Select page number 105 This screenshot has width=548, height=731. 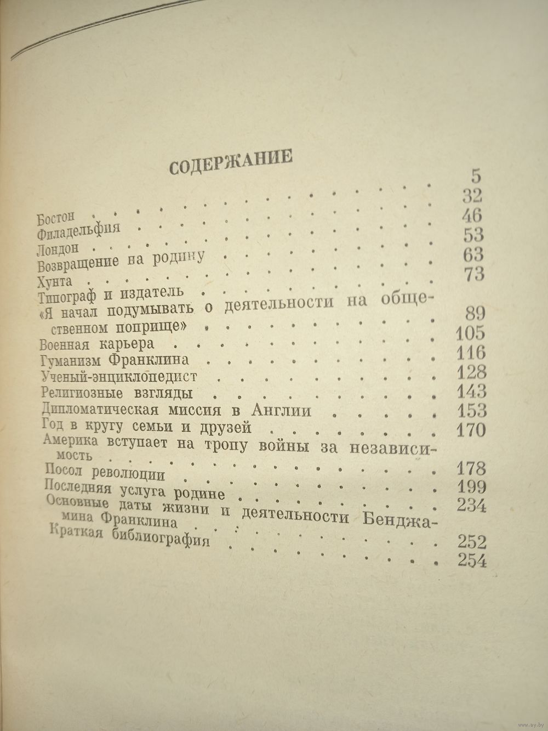[470, 333]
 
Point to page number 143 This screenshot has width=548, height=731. [470, 392]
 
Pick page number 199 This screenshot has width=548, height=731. [471, 487]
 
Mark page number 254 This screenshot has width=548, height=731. [471, 560]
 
